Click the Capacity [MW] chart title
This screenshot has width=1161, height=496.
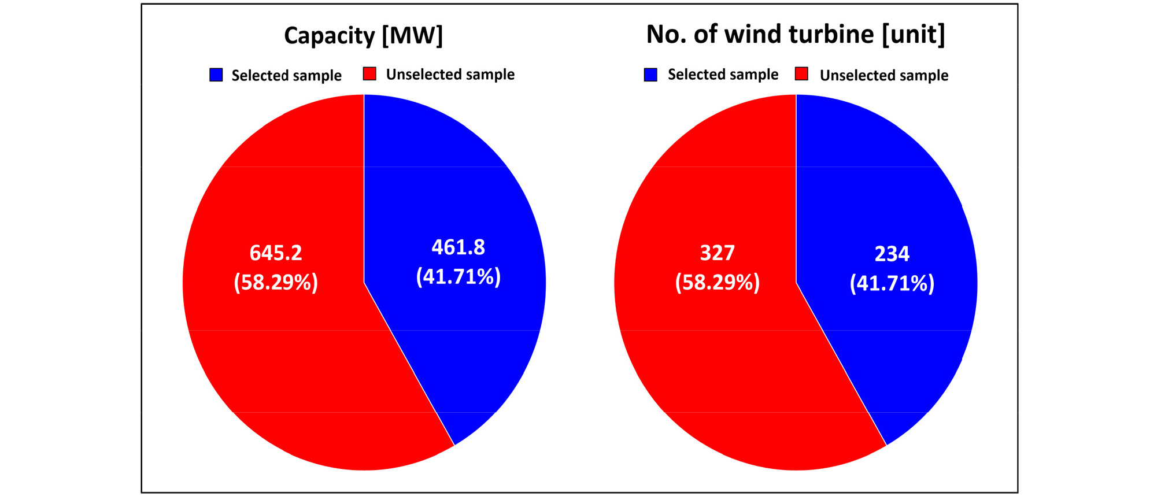click(x=363, y=35)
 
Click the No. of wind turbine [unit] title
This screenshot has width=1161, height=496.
click(x=796, y=35)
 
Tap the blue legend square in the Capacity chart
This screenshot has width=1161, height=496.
click(x=216, y=75)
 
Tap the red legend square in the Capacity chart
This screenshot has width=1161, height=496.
click(x=369, y=74)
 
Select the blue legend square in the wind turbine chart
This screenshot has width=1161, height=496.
click(x=650, y=75)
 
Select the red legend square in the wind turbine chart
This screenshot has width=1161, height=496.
click(x=801, y=74)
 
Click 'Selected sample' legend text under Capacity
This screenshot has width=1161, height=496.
click(x=286, y=76)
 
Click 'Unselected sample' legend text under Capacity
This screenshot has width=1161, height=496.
click(x=450, y=75)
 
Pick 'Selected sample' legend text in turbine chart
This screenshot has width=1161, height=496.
click(x=723, y=75)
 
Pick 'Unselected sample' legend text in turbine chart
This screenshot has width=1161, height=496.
click(x=883, y=76)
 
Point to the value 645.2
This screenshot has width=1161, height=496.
click(x=276, y=253)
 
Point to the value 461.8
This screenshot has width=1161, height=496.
click(x=459, y=247)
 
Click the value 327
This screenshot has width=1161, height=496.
click(x=717, y=253)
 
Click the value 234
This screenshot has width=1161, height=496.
click(x=892, y=253)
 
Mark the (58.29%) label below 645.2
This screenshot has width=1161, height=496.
click(x=276, y=282)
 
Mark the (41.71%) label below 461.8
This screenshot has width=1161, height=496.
click(x=459, y=276)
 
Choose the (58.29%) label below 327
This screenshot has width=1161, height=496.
click(x=717, y=282)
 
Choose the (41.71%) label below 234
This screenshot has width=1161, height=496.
click(x=892, y=283)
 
